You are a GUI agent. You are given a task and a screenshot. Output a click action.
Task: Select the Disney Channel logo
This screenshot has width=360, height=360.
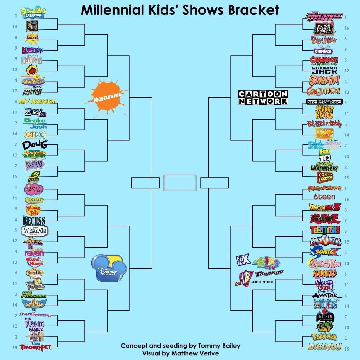coord(109,268)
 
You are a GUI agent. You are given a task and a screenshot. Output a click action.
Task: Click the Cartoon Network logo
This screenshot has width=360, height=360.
coord(263,97)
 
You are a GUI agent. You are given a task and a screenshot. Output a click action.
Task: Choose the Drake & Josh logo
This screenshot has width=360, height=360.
coord(36,123)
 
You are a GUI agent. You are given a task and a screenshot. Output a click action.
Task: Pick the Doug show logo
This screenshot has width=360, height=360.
coord(34,145)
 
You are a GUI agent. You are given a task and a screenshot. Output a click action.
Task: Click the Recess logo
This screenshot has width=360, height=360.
coord(34,221)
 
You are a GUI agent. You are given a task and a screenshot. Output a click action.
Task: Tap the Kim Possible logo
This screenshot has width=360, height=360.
coord(34,295)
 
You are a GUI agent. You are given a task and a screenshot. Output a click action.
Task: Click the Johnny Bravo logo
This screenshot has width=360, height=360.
coord(324,113)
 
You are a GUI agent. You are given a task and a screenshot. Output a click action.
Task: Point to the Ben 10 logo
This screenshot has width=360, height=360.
coord(324,155)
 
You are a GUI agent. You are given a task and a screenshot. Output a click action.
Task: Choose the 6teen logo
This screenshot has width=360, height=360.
coord(324,197)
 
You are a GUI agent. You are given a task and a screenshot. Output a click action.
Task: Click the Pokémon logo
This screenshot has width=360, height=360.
coord(324,337)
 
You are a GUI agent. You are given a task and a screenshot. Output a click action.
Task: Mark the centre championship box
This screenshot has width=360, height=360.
coord(180,183)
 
